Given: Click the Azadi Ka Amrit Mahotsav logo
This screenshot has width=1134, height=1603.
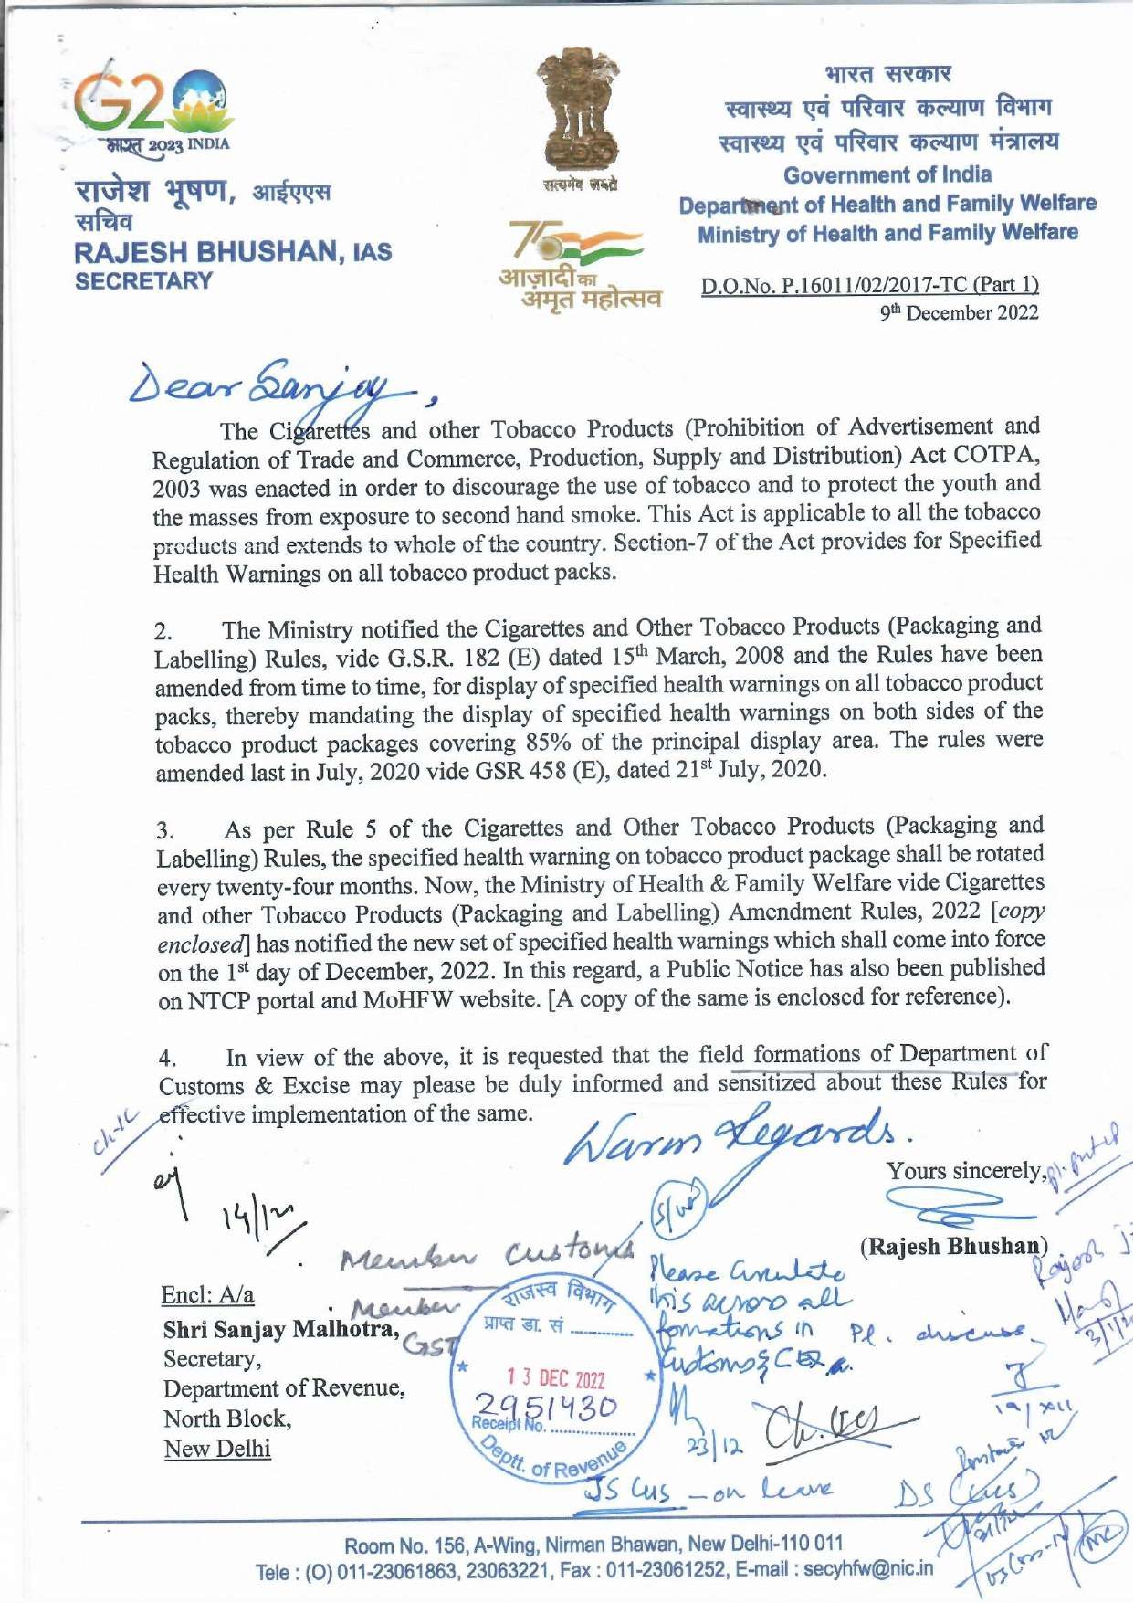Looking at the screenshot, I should pos(577,265).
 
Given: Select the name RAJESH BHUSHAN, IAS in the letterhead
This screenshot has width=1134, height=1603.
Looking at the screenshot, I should pos(233,252).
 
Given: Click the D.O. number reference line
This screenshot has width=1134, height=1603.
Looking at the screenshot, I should pos(869,285).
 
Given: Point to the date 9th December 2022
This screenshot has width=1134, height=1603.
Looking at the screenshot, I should pos(959,313).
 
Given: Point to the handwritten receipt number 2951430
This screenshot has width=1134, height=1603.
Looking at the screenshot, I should pos(547,1407).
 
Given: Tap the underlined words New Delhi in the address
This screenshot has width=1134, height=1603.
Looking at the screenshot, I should pos(217,1450).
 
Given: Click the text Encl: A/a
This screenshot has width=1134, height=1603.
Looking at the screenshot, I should pos(207,1295).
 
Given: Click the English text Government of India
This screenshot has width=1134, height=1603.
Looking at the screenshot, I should pos(887,174).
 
